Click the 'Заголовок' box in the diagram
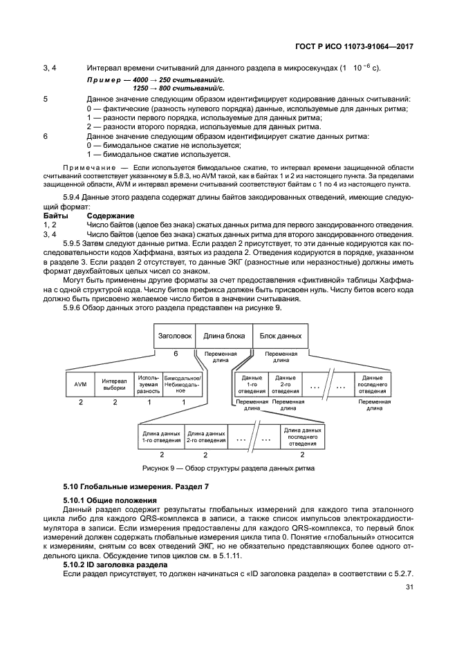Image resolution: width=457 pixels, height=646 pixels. point(175,336)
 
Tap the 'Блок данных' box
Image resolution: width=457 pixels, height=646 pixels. point(281,336)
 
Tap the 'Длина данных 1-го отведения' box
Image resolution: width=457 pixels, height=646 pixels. point(160,436)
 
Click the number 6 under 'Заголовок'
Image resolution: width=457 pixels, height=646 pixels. point(176,353)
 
